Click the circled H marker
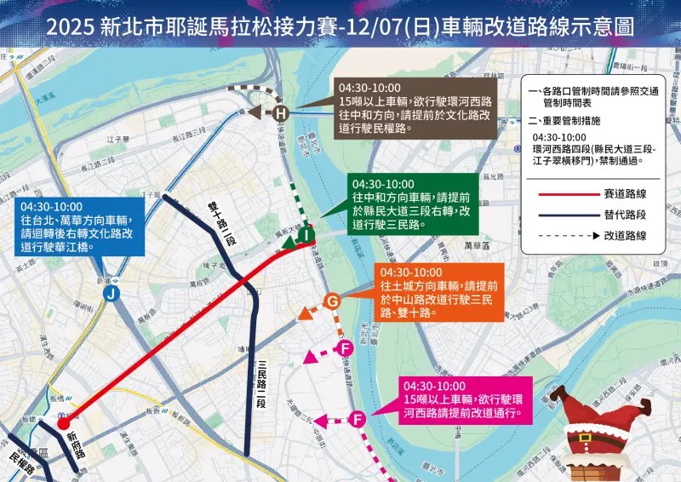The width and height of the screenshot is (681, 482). [x=282, y=113]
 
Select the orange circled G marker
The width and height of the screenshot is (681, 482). [x=333, y=301]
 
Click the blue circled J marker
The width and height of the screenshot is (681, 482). [x=111, y=294]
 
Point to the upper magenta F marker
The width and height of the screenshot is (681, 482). [x=346, y=349]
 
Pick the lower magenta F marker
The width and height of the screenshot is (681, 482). [x=358, y=418]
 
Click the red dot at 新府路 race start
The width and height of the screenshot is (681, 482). [x=63, y=422]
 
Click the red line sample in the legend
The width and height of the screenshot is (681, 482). [x=566, y=193]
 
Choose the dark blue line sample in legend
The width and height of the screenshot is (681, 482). [x=566, y=215]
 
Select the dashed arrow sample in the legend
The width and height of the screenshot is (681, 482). [x=566, y=236]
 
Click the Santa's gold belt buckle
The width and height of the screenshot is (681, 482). [x=585, y=436]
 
